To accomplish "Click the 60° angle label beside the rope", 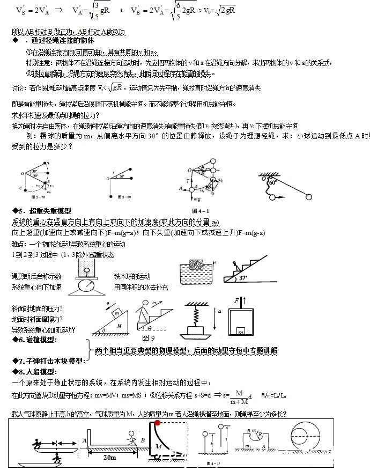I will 273,182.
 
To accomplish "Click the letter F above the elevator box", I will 235,301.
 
